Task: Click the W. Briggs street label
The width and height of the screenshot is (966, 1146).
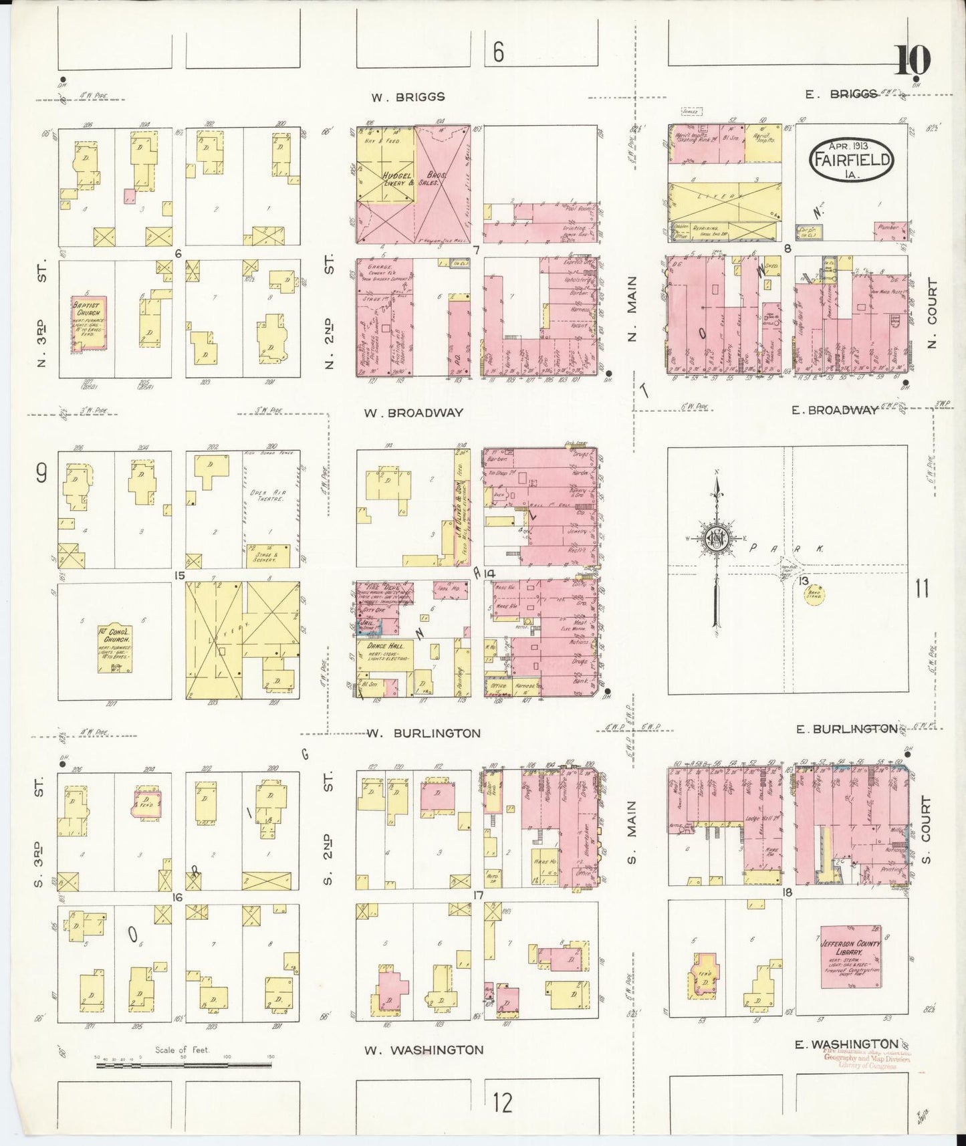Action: [x=408, y=97]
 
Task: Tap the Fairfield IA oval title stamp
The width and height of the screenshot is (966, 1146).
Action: [x=851, y=159]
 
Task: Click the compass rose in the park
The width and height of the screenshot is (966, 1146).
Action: [x=715, y=540]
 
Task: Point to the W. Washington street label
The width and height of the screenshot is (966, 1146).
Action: [x=423, y=1050]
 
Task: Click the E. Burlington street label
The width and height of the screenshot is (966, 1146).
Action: [x=846, y=729]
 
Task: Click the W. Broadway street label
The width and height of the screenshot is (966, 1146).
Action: [x=413, y=413]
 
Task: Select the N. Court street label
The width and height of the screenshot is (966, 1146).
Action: [x=933, y=314]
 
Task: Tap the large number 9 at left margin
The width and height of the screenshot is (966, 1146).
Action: [x=41, y=474]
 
